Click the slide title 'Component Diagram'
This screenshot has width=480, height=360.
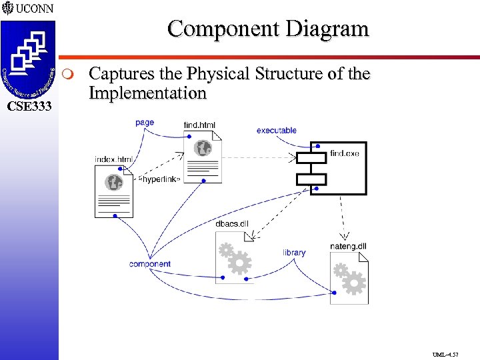tap(267, 29)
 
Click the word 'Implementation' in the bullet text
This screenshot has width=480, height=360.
tap(147, 93)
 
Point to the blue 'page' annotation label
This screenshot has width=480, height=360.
tap(145, 122)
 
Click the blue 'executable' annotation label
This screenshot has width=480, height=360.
tap(276, 131)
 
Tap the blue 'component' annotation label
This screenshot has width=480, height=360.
tap(150, 264)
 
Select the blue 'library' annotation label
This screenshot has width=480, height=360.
tap(294, 252)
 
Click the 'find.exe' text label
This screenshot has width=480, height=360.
tap(344, 153)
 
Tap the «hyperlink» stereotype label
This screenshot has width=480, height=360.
tap(159, 180)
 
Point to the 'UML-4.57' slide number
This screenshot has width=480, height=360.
tap(445, 355)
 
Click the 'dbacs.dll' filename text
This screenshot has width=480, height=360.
tap(232, 223)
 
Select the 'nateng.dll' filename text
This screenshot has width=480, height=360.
tap(348, 246)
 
